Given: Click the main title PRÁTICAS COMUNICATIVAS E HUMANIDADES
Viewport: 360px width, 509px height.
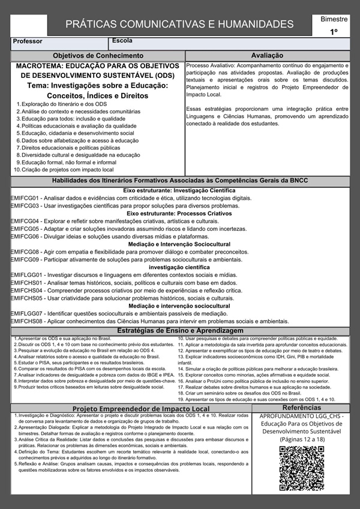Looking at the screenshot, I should (x=179, y=25).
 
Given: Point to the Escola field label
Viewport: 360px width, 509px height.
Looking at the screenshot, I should (x=122, y=41).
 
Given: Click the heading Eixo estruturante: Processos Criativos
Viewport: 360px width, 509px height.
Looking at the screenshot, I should (x=179, y=213).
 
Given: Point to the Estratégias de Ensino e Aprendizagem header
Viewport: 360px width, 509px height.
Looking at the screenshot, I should (x=180, y=330).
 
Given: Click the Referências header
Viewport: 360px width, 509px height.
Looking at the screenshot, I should (x=301, y=407).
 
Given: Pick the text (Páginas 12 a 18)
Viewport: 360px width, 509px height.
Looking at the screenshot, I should (x=301, y=439).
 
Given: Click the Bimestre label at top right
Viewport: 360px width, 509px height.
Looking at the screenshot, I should (x=334, y=19).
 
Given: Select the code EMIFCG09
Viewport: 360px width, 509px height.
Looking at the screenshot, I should (x=25, y=260).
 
